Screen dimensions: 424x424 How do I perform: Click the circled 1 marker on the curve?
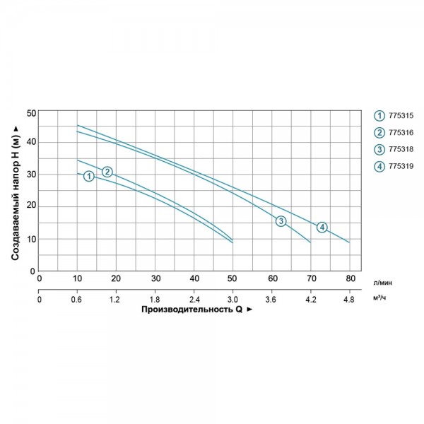[x=88, y=176]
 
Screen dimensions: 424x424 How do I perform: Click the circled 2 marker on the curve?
[x=107, y=172]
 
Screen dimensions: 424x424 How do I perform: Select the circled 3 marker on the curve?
[x=281, y=222]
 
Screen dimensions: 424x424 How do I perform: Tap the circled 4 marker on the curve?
[x=322, y=227]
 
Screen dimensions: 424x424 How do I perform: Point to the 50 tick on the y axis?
[x=30, y=113]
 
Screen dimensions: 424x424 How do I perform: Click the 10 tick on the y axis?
[x=30, y=240]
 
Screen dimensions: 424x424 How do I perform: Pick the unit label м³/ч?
[x=380, y=298]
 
